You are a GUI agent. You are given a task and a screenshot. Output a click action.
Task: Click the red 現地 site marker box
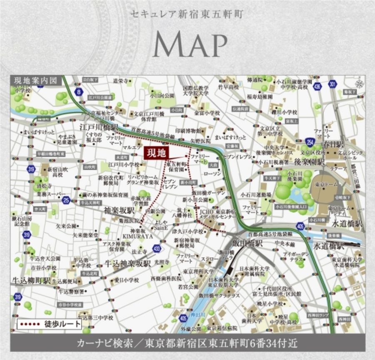click(x=156, y=153)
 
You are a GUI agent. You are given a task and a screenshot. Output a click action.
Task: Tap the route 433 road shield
click(x=156, y=249)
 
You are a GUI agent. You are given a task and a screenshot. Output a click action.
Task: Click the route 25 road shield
click(x=66, y=200)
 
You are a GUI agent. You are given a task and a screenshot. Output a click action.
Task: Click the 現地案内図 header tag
click(x=37, y=80)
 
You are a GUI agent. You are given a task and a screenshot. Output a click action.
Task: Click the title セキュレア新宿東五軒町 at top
click(x=187, y=13)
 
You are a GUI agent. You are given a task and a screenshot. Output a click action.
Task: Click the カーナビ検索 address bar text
click(x=187, y=344)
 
